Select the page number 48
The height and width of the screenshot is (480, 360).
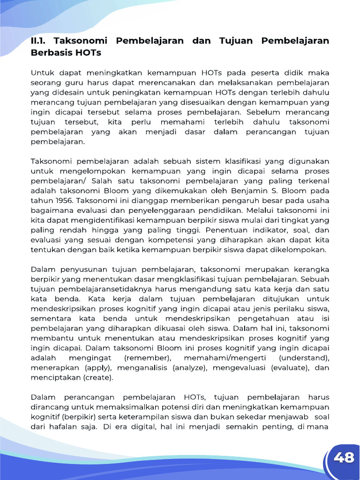tap(344, 457)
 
